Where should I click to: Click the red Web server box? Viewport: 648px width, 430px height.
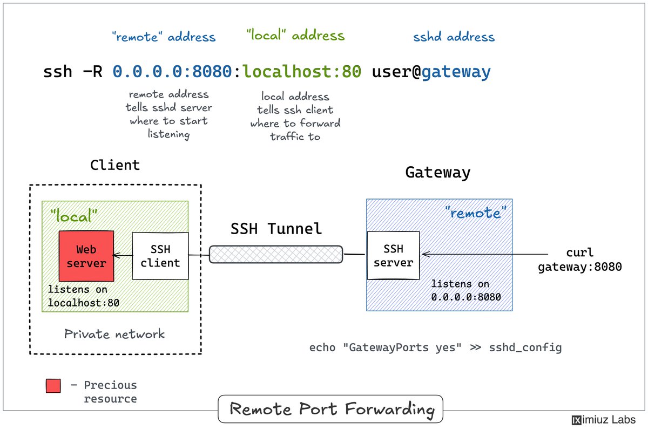tap(86, 256)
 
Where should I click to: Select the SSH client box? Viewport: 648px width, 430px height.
tap(160, 256)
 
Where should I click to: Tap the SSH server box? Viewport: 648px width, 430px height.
tap(393, 255)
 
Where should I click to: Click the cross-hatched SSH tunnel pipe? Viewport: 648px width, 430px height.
tap(276, 254)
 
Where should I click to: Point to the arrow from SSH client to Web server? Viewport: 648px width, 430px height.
tap(123, 255)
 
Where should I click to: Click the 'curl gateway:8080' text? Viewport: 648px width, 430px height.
tap(580, 260)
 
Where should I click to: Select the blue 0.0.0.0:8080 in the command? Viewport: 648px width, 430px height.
tap(172, 71)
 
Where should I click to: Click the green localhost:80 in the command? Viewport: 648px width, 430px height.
tap(302, 71)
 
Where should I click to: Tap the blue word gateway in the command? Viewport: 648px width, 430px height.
tap(456, 72)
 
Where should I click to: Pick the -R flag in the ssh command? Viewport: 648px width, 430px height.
tap(92, 71)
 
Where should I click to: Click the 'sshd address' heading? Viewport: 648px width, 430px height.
tap(454, 37)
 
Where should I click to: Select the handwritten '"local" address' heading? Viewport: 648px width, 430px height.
tap(295, 35)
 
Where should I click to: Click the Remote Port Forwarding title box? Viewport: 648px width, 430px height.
tap(330, 409)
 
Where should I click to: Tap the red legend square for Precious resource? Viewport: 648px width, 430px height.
tap(53, 386)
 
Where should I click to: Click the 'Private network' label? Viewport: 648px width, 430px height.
tap(114, 334)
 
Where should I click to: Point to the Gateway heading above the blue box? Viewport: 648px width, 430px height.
tap(438, 173)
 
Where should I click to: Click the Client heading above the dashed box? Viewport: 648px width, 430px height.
tap(115, 165)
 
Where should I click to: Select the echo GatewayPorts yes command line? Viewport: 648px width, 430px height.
tap(435, 347)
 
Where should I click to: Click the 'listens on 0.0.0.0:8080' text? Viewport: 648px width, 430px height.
tap(465, 290)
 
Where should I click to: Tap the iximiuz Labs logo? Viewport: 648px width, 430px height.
tap(604, 420)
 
